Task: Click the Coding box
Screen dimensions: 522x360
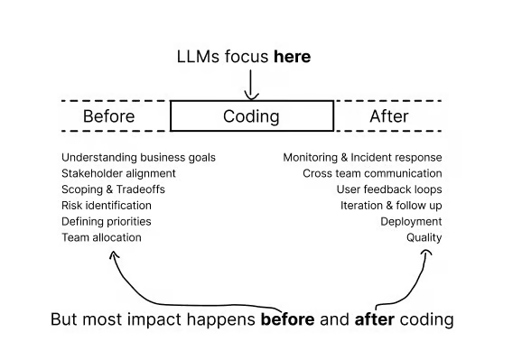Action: point(252,115)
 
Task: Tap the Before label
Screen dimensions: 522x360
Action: point(109,116)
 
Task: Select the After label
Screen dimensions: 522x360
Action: point(389,116)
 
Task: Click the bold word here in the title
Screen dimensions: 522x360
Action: point(292,57)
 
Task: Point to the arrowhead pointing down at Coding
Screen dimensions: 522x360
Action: point(251,97)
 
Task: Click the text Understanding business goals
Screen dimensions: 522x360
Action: point(138,157)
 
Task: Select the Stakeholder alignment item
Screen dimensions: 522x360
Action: point(118,173)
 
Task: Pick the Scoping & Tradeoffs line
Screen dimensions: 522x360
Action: point(113,189)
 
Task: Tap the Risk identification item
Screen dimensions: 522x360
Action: point(107,206)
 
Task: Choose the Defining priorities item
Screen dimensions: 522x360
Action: point(107,221)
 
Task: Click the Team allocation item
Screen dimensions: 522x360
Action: point(101,237)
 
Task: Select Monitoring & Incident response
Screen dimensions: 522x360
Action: point(362,157)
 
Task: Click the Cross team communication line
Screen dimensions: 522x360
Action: point(372,173)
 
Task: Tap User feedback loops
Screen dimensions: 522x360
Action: point(389,189)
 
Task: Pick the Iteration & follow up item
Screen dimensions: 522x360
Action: point(391,206)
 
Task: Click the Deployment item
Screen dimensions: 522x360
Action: point(411,221)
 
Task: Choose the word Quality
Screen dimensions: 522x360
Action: point(424,237)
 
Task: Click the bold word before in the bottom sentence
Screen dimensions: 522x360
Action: point(287,319)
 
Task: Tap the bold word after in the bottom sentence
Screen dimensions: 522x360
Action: point(375,319)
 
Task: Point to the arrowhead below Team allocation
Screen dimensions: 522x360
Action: point(114,254)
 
